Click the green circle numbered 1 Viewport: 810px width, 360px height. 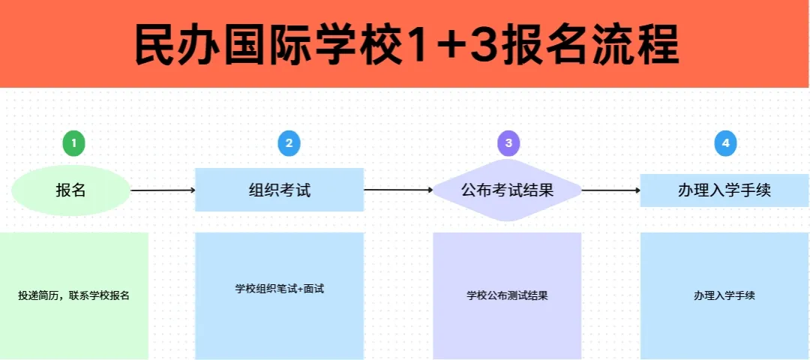tap(73, 143)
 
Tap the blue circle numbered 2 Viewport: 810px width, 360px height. tap(289, 143)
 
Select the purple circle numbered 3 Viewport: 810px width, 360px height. tap(508, 143)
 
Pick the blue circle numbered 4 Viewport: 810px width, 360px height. tap(725, 143)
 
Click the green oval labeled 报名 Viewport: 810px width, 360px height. tap(70, 190)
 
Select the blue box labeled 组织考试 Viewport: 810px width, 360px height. tap(280, 190)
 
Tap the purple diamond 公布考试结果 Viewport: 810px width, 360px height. tap(507, 190)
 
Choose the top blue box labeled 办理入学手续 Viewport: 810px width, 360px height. tap(724, 190)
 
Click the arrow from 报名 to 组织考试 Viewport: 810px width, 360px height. tap(163, 190)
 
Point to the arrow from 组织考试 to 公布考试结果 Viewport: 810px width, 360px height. tap(398, 190)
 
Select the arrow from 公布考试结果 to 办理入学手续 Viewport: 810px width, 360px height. tap(612, 190)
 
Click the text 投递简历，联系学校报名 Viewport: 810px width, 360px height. tap(73, 296)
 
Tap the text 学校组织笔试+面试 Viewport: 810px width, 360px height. tap(280, 289)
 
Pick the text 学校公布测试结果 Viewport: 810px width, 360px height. tap(507, 296)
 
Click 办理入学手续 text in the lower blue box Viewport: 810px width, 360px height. tap(724, 296)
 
